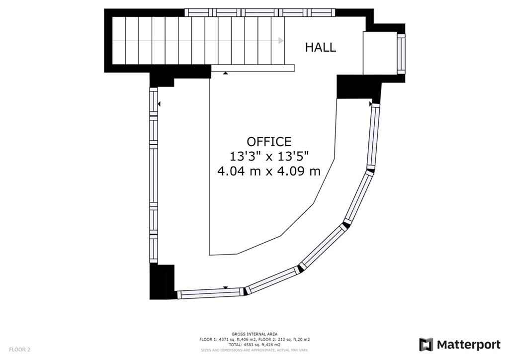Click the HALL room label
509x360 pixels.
tap(321, 47)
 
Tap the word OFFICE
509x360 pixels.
tap(269, 142)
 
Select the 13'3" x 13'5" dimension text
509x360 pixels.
tap(269, 157)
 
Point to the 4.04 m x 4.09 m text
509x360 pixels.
tap(269, 171)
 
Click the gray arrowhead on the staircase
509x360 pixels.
tap(281, 41)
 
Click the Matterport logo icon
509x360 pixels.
tap(426, 345)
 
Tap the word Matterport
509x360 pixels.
tap(468, 345)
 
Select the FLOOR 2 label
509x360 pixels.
tap(19, 350)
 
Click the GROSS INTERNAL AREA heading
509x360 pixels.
tap(254, 334)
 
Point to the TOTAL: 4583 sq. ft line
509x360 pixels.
tap(254, 345)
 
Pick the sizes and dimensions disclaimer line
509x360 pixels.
tap(254, 350)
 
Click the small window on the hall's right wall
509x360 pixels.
tap(401, 53)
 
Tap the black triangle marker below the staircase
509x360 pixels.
tap(225, 73)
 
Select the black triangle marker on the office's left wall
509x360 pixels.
tap(159, 104)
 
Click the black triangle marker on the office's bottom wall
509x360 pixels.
tap(226, 287)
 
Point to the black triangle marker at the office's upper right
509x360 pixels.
tap(370, 104)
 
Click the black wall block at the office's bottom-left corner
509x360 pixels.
tap(162, 281)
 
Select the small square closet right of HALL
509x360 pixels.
tap(380, 53)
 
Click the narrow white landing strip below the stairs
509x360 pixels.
tap(253, 68)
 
